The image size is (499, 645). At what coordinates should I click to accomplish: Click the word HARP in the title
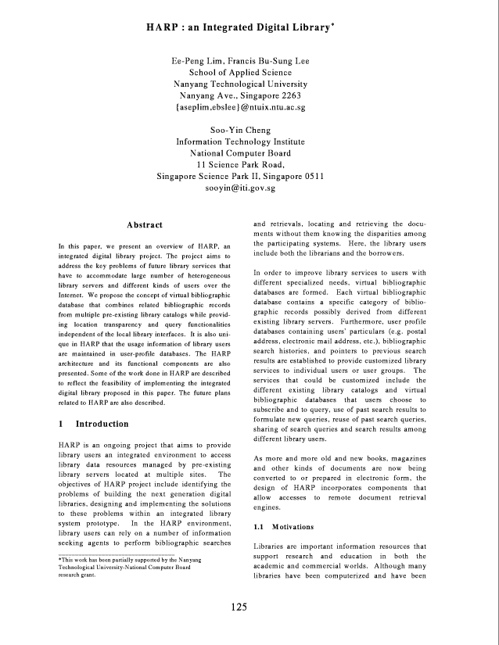[162, 27]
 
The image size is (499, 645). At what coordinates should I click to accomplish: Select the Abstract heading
[145, 225]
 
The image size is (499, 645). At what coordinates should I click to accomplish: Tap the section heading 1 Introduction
[94, 424]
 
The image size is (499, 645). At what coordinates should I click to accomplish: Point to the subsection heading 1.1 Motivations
[284, 527]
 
